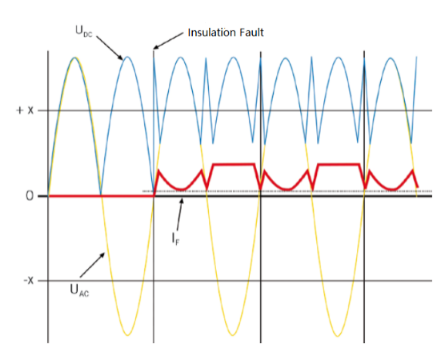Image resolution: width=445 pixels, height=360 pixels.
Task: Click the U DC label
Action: click(84, 31)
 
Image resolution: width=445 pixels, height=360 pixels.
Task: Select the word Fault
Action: click(251, 32)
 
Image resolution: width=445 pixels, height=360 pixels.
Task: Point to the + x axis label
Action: click(25, 110)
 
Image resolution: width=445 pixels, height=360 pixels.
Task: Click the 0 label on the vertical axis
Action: click(30, 196)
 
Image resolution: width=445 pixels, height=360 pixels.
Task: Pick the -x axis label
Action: click(28, 281)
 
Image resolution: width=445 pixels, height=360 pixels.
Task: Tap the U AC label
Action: click(79, 290)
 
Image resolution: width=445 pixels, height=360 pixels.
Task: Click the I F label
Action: click(175, 238)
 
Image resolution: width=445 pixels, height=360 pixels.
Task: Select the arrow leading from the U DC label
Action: click(110, 48)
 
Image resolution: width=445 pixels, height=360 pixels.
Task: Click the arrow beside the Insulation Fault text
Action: click(168, 41)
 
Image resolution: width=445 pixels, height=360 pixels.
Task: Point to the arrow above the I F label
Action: click(179, 214)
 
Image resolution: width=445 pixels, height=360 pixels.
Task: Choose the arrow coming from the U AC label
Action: click(92, 265)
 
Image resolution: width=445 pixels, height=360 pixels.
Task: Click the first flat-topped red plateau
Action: click(233, 164)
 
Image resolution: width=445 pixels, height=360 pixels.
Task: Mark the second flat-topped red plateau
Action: click(339, 164)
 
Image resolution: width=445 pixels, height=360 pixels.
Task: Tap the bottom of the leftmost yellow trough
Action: click(127, 335)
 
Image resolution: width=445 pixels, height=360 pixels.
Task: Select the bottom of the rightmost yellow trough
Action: click(338, 336)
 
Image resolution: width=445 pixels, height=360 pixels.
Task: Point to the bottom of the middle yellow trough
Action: click(232, 335)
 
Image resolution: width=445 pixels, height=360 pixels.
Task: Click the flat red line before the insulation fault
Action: click(102, 196)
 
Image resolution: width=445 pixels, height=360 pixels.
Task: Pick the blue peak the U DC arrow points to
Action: click(127, 57)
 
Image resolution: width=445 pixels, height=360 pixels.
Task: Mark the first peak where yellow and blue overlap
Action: click(74, 58)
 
